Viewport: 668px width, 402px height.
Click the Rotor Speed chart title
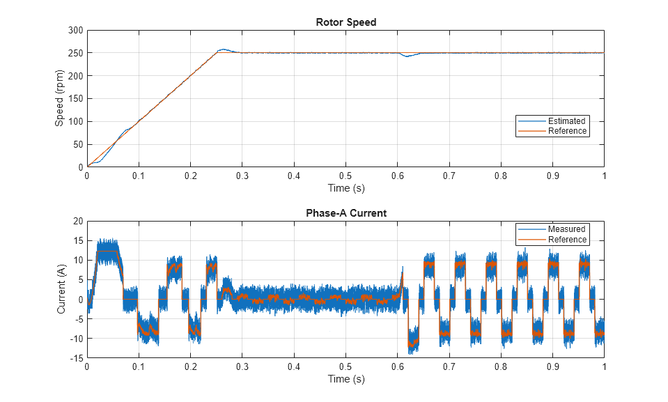345,22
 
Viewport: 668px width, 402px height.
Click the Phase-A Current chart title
345,213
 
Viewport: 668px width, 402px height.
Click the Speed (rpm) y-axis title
60,98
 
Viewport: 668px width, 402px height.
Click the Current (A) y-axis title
61,289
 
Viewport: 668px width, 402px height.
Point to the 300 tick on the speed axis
75,31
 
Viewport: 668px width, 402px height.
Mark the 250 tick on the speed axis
75,53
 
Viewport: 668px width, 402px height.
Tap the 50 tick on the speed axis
77,144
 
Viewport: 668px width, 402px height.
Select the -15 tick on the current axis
76,358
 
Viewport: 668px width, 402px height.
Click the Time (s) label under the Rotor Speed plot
345,188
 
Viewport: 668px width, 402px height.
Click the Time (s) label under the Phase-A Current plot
345,379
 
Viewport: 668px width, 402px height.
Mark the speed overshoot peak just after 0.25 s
222,49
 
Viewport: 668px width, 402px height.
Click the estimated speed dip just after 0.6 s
407,56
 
